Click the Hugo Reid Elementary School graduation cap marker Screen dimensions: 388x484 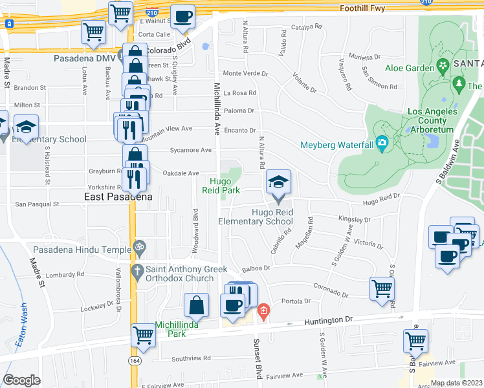(278, 182)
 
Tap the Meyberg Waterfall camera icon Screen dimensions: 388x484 (382, 143)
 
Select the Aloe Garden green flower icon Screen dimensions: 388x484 (443, 65)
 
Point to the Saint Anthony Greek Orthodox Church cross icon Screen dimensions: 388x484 (137, 270)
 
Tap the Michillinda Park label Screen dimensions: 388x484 (170, 329)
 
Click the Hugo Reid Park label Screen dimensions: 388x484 (224, 186)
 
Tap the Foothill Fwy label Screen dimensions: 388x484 (366, 8)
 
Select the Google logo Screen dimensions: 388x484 (21, 380)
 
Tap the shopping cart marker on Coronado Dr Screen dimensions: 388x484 (382, 288)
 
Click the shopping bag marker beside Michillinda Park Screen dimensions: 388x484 (196, 305)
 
